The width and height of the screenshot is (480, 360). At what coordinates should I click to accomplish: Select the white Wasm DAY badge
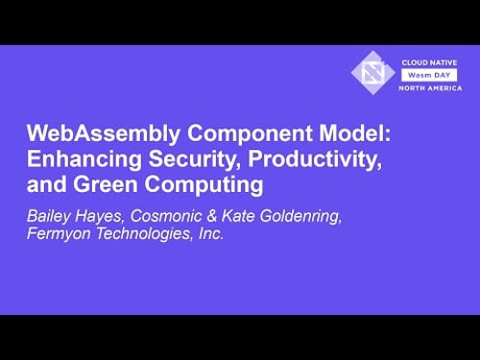(x=428, y=73)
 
